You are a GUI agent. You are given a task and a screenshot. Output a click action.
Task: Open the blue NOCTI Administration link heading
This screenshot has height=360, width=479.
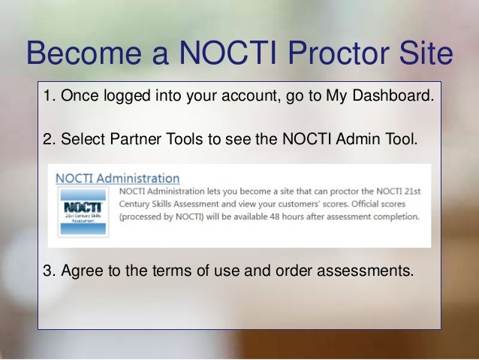click(x=118, y=179)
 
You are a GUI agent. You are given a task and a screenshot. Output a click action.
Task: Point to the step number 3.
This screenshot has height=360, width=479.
click(x=47, y=271)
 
